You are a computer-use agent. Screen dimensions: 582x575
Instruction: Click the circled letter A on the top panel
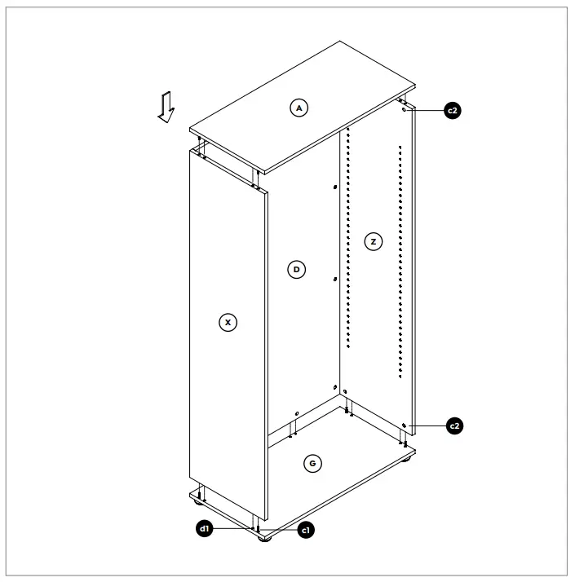click(299, 108)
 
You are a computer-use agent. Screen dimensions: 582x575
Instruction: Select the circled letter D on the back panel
click(298, 268)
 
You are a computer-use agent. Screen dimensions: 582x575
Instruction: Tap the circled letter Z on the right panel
click(373, 242)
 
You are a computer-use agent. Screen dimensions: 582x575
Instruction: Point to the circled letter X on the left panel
click(229, 323)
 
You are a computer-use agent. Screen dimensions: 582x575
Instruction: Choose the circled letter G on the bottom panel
click(311, 463)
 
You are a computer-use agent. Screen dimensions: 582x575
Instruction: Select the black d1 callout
click(206, 529)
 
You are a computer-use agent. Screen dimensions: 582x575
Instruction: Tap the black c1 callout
click(306, 529)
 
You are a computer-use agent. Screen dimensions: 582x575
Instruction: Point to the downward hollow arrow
click(166, 107)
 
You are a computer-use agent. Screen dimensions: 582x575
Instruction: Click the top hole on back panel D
click(334, 187)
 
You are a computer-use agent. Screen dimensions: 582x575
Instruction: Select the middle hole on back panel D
click(334, 280)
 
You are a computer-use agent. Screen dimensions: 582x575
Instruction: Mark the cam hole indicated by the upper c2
click(405, 110)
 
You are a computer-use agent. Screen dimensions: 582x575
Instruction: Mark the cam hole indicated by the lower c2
click(405, 425)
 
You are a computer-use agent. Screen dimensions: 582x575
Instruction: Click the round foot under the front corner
click(263, 538)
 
